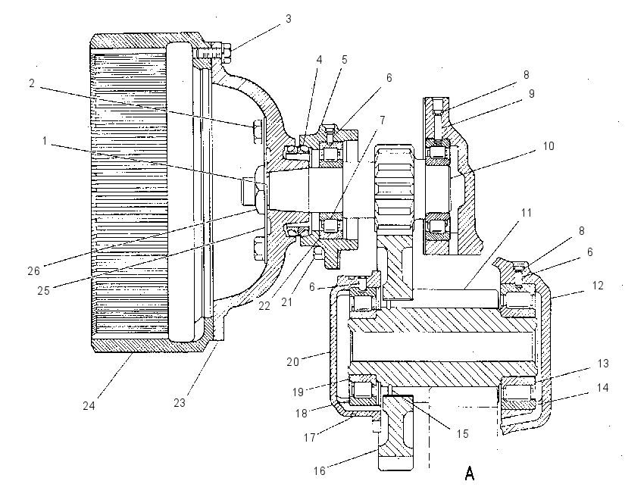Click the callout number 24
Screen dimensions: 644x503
tap(89, 406)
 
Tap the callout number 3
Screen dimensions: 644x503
tap(289, 19)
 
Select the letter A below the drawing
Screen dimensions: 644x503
tap(470, 473)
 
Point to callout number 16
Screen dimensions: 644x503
tap(320, 470)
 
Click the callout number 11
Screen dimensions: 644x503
tap(526, 213)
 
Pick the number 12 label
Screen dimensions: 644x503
tap(598, 286)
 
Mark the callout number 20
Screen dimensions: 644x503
tap(292, 362)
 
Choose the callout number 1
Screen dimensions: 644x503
tap(45, 141)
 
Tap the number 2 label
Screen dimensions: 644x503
tap(32, 83)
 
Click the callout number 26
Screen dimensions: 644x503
tap(33, 270)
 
